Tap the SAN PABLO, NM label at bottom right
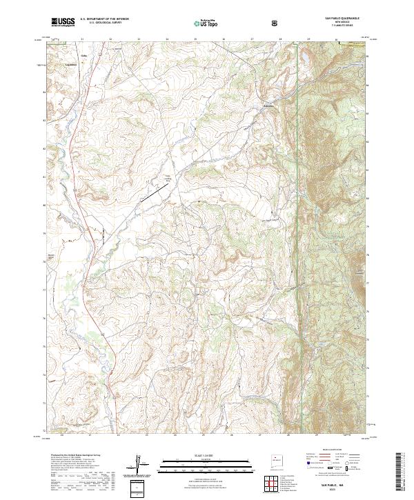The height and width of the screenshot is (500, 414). (x=331, y=486)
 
